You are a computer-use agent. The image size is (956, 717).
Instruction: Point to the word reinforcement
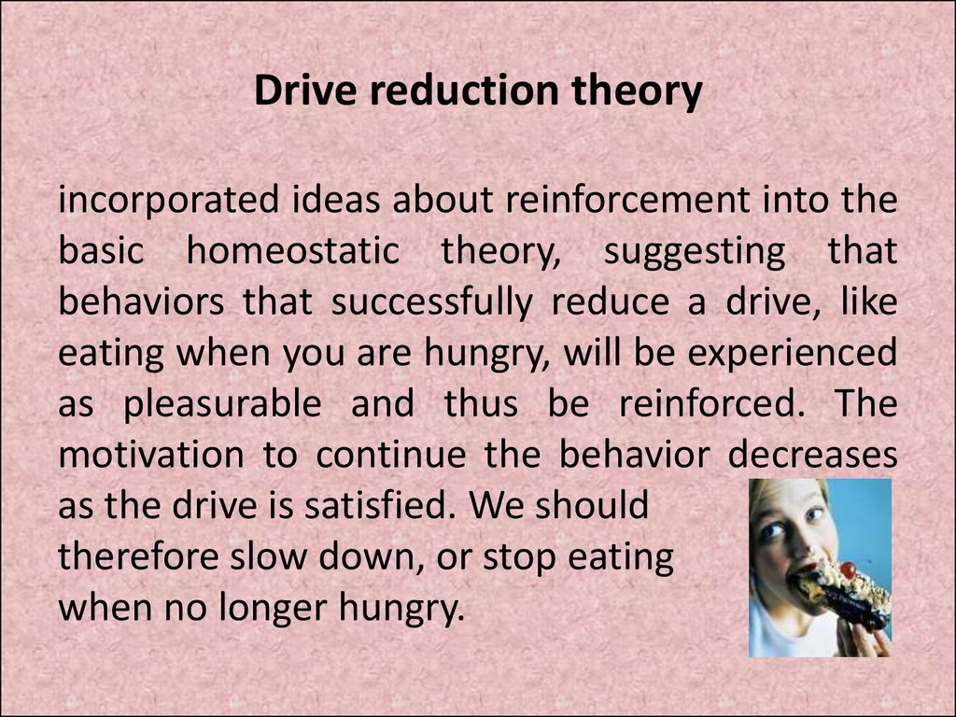pos(627,200)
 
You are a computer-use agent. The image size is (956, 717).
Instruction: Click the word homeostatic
pos(292,250)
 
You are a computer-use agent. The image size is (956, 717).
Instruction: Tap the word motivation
pos(151,456)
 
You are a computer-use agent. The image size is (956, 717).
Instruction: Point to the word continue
pos(391,456)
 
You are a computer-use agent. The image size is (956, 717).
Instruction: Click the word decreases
pos(813,456)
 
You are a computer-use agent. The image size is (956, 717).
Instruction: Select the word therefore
pos(138,557)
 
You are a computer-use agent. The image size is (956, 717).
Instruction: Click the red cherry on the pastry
pos(848,569)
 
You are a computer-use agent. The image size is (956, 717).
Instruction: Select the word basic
pos(101,250)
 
